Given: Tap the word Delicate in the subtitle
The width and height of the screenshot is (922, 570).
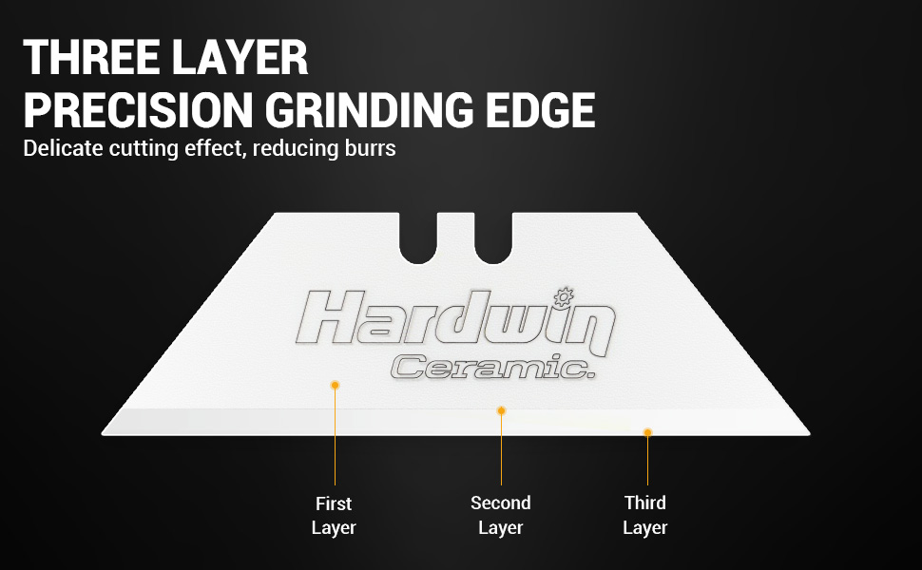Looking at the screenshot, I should click(59, 148).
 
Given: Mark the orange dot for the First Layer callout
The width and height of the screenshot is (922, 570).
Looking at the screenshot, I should click(335, 384).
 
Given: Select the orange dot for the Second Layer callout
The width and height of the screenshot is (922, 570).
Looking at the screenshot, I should click(501, 410).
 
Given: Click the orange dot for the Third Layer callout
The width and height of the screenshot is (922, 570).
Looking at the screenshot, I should click(647, 432).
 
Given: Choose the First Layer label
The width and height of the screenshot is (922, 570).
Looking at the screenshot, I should click(334, 515).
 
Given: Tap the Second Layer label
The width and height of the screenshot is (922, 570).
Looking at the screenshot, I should click(501, 515).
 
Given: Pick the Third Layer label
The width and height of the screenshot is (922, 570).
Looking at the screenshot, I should click(645, 515).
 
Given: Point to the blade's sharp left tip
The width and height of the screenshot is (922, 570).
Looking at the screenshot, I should click(104, 433).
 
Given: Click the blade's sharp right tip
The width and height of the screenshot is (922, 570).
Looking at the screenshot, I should click(810, 433).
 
